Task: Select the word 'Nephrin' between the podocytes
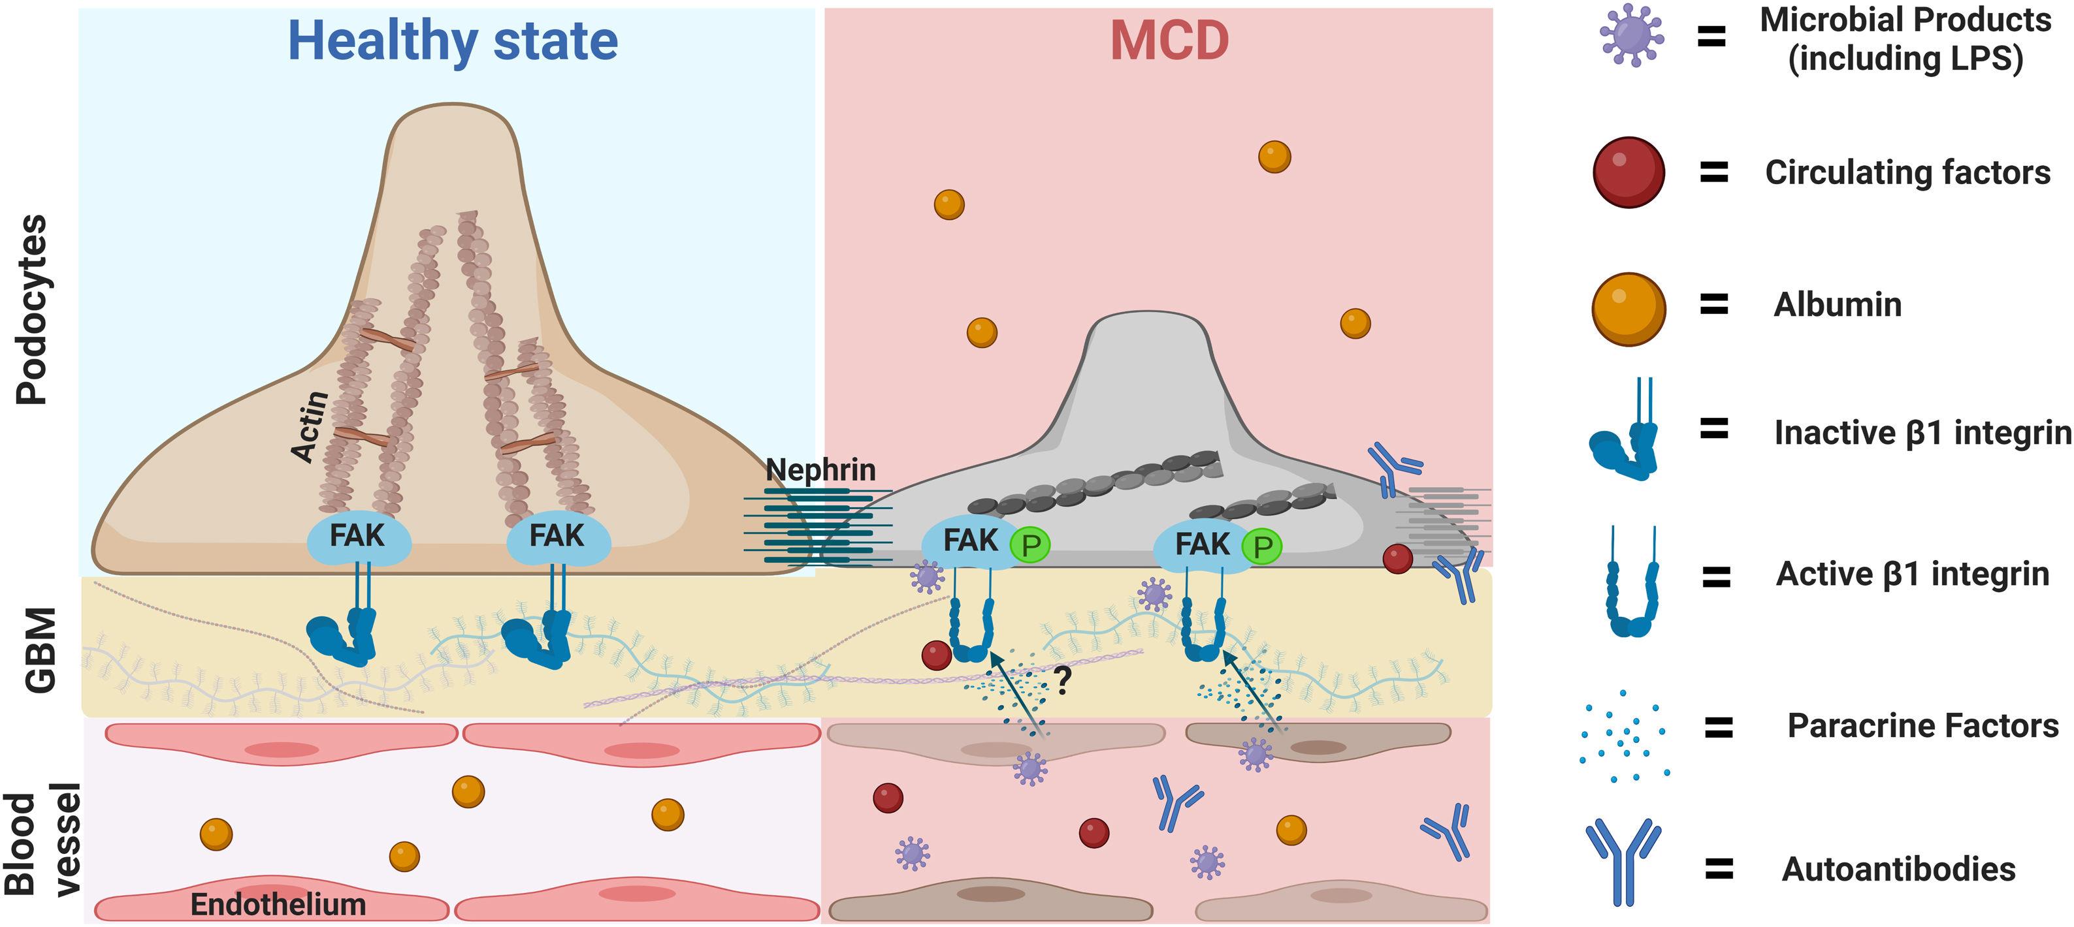(820, 469)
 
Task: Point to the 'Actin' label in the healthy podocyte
(311, 426)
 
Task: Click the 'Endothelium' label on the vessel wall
(278, 904)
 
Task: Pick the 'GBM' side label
(41, 650)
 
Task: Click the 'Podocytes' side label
(32, 310)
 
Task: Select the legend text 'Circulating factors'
(1907, 172)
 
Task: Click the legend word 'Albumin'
(1838, 305)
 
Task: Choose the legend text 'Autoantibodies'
(1898, 869)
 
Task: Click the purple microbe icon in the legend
(1631, 35)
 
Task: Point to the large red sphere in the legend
(1628, 172)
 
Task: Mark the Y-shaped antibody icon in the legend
(1623, 861)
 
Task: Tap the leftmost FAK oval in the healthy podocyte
(358, 537)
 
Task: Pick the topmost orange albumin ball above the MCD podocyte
(1274, 157)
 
